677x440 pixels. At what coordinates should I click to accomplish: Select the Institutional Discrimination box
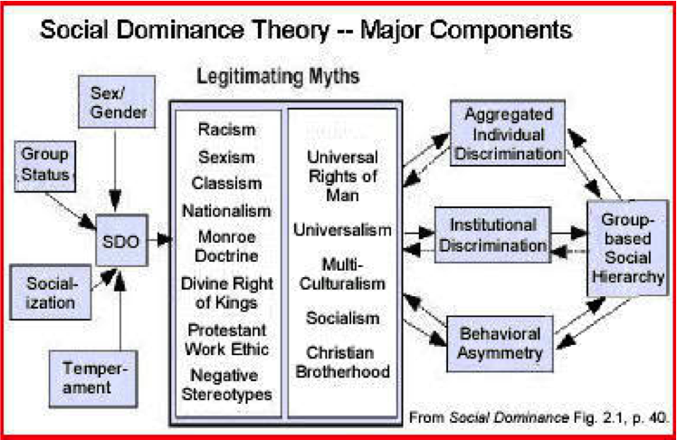point(491,233)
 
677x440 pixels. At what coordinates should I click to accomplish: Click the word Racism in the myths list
point(225,129)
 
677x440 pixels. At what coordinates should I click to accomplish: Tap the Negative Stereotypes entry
point(226,385)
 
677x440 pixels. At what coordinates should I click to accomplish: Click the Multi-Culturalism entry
point(341,273)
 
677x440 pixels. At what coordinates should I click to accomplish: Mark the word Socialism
point(342,319)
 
